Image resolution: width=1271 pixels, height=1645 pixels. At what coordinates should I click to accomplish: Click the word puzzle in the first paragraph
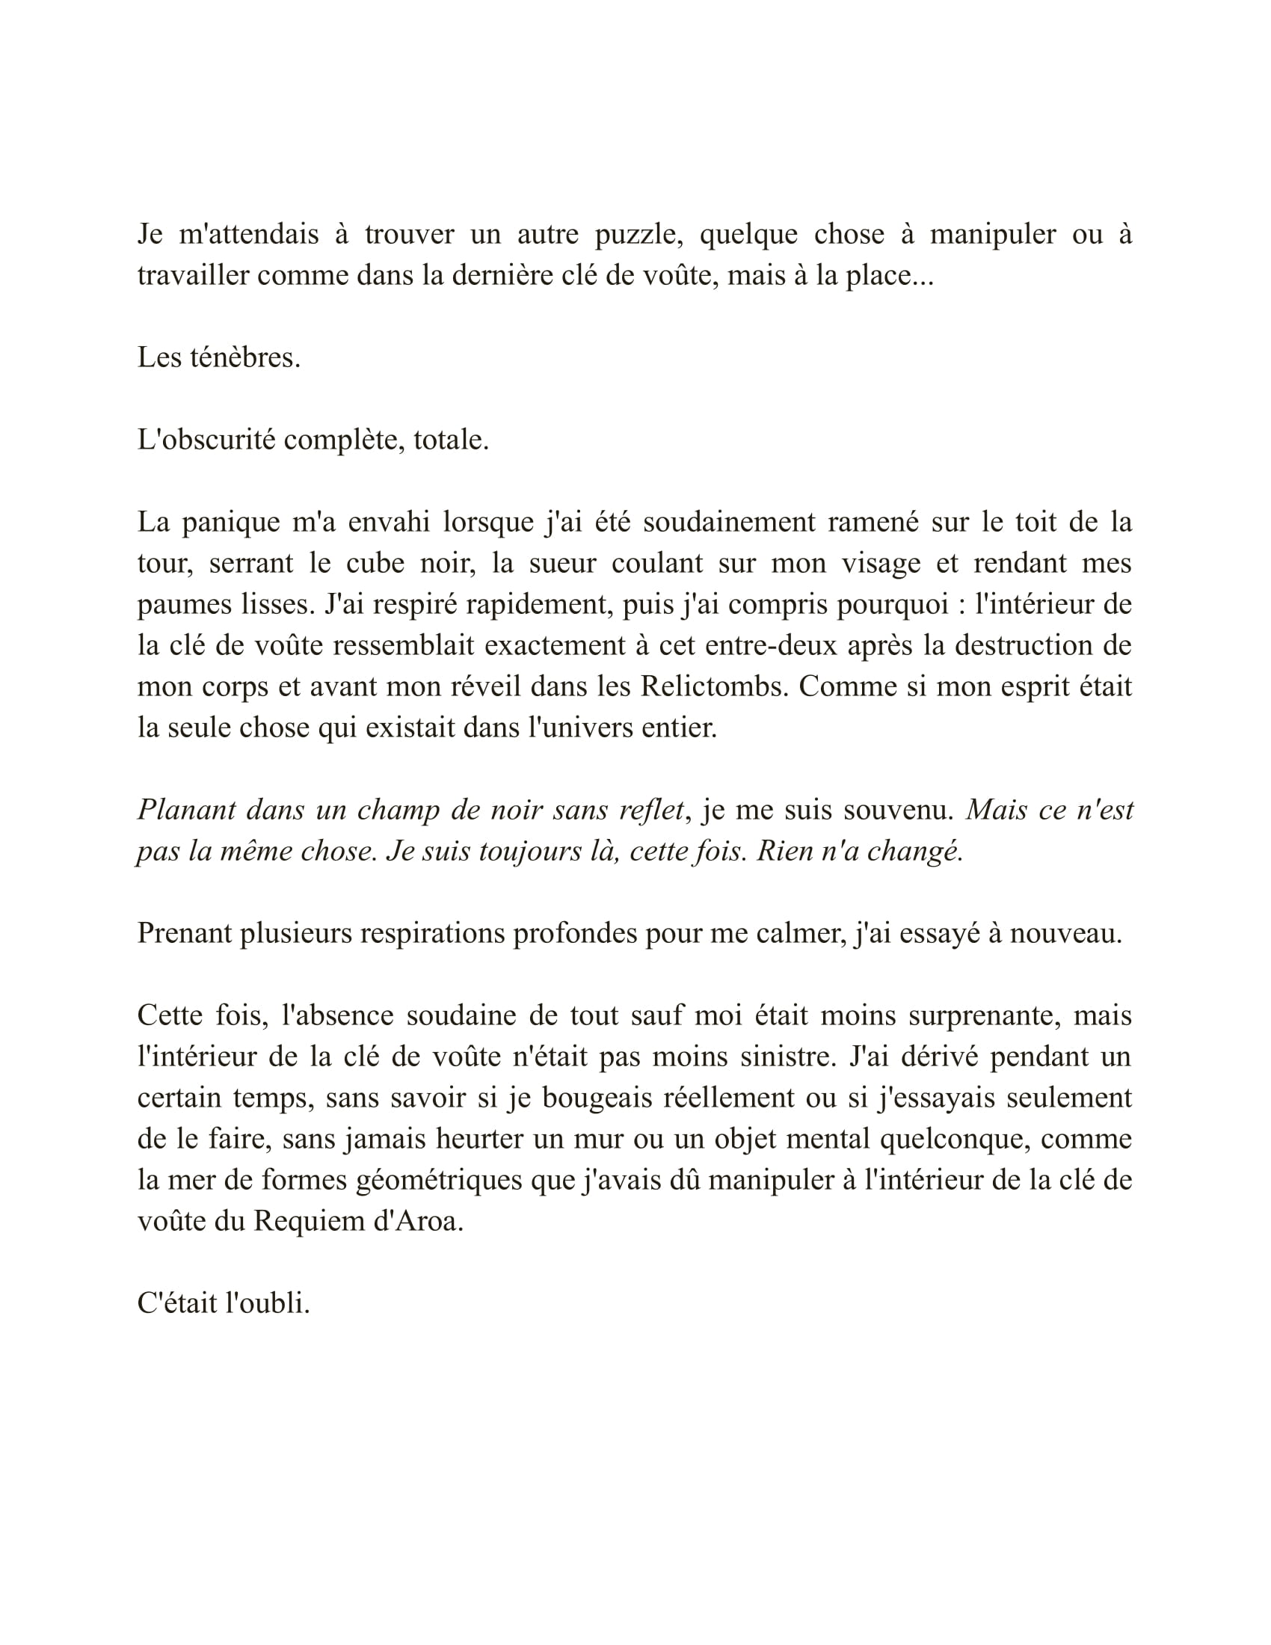click(638, 235)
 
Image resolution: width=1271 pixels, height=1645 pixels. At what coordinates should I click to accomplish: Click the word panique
click(230, 522)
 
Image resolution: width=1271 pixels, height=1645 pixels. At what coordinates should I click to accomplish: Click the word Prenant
click(183, 934)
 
